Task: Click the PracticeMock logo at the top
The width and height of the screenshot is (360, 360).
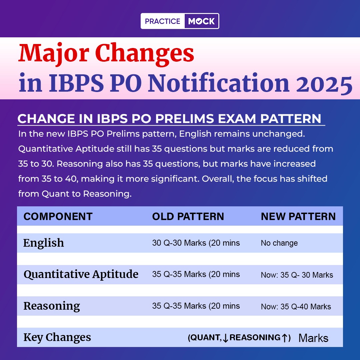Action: click(x=180, y=21)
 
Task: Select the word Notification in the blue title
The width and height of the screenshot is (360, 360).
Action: click(x=218, y=83)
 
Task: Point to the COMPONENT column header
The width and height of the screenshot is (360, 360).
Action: click(x=58, y=217)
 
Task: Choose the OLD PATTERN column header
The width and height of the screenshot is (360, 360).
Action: click(x=188, y=217)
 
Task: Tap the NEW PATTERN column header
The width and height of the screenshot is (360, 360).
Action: click(x=298, y=217)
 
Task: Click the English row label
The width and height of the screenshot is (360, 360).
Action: click(x=44, y=243)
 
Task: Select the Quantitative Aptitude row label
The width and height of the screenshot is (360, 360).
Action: click(x=81, y=274)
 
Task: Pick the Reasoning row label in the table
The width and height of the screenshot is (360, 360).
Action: click(x=52, y=306)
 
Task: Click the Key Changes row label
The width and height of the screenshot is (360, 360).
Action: click(x=57, y=337)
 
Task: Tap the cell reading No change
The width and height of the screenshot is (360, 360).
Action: click(x=279, y=243)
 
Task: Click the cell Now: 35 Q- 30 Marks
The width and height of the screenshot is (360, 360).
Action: click(x=297, y=275)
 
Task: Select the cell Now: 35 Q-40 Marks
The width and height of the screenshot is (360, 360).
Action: click(x=296, y=307)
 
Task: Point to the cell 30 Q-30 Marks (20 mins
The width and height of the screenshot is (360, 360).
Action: click(x=196, y=243)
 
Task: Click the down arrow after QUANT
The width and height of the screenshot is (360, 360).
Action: click(x=225, y=338)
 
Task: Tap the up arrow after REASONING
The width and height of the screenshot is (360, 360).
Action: click(x=284, y=338)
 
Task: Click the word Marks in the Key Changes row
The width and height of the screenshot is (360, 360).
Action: click(x=313, y=338)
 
